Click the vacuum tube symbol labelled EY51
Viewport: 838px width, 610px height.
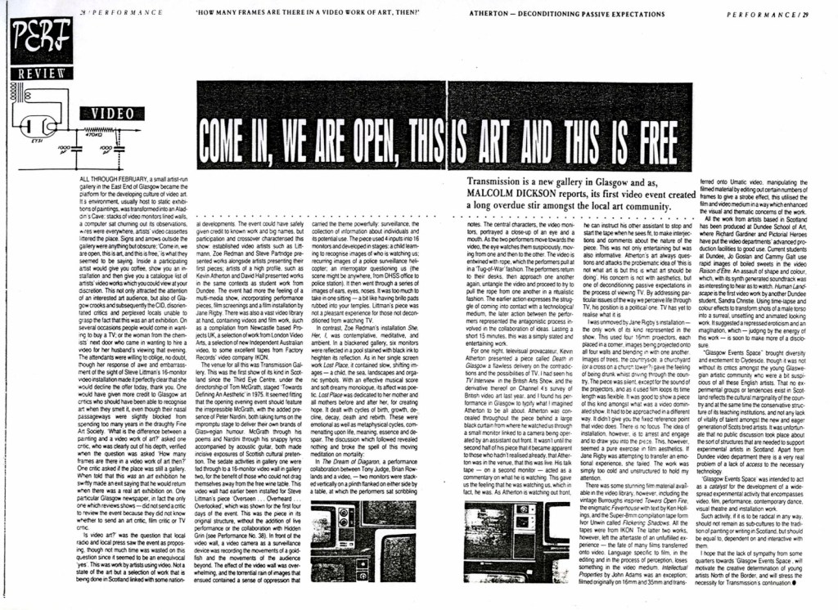[36, 126]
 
